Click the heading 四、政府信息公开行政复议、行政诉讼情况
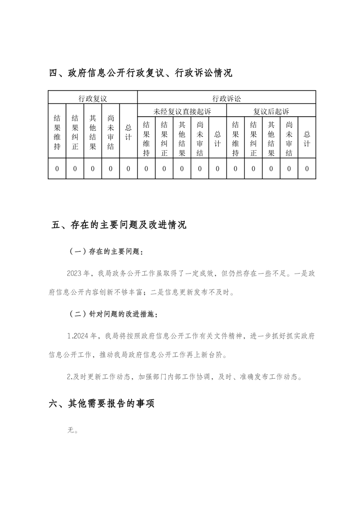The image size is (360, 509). click(140, 73)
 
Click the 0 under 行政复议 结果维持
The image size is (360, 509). click(57, 169)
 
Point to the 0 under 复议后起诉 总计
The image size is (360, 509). click(307, 169)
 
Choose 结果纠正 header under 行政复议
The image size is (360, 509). click(75, 132)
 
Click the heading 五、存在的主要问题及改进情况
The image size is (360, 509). click(118, 225)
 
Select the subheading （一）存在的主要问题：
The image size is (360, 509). click(107, 251)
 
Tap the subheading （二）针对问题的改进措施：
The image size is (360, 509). click(113, 313)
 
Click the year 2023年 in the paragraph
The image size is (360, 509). click(78, 274)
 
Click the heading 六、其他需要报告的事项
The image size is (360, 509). click(102, 403)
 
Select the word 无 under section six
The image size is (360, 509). click(70, 430)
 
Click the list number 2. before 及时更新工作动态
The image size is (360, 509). click(69, 376)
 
